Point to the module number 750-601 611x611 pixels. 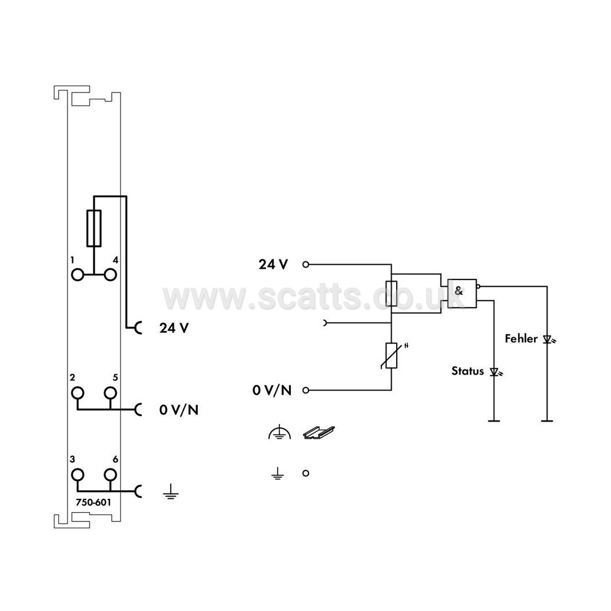click(x=94, y=502)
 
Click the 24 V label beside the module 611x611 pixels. click(x=174, y=328)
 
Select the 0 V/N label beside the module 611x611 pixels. click(x=179, y=410)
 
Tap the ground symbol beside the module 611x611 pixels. click(x=171, y=492)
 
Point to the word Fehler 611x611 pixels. click(x=521, y=338)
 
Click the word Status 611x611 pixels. click(x=468, y=371)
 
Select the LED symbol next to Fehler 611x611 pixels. click(x=549, y=340)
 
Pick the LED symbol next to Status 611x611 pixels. click(x=495, y=372)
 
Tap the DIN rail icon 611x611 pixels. click(x=319, y=432)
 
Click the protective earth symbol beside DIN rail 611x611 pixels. click(x=279, y=433)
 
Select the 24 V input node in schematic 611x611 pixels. click(x=306, y=265)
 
